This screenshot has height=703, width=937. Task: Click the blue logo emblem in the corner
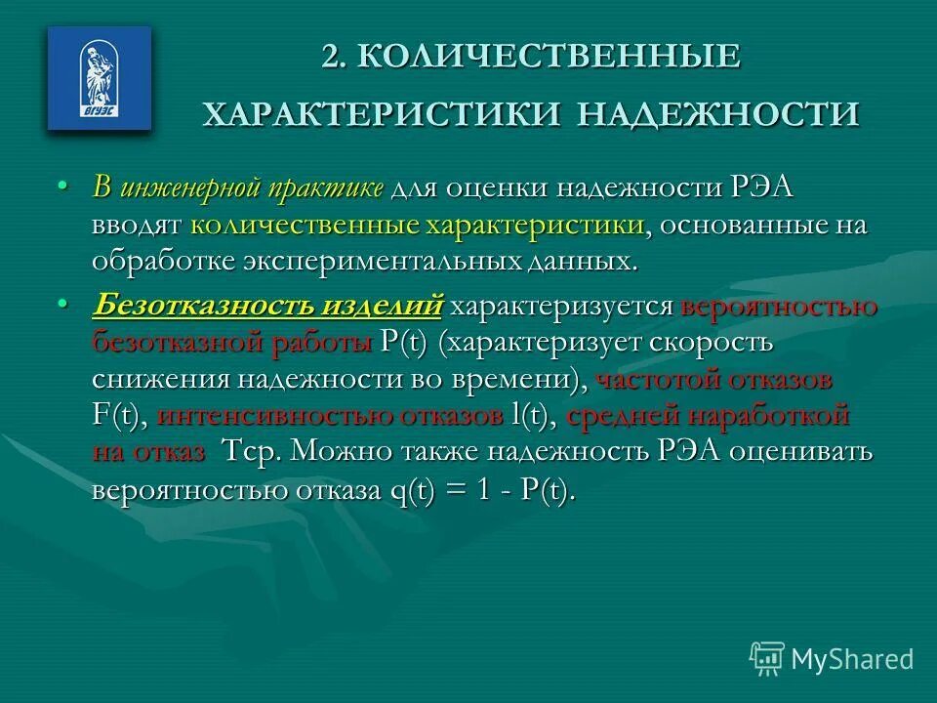coord(100,78)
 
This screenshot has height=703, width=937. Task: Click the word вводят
coord(138,225)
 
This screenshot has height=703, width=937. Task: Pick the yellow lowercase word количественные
coord(304,225)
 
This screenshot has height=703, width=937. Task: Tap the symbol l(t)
coord(532,416)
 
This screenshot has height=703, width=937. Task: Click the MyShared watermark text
coord(852,659)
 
